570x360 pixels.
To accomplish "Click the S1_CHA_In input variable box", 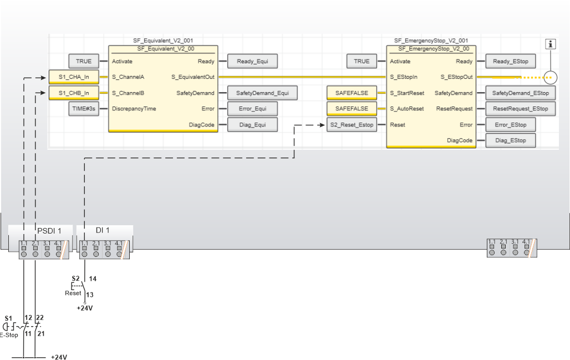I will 74,77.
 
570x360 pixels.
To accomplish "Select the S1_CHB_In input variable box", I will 74,93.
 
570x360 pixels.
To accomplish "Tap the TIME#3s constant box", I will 84,109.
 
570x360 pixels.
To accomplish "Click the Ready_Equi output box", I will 252,62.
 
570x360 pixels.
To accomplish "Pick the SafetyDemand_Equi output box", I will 258,93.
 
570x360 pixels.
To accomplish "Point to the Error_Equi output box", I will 252,109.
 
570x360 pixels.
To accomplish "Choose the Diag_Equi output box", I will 252,125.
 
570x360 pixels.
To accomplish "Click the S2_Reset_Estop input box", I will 352,125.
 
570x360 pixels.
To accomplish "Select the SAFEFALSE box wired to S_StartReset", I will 352,93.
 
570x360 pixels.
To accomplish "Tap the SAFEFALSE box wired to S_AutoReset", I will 352,109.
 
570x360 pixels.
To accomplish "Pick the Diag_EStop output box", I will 511,140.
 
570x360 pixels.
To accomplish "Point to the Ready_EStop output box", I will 511,62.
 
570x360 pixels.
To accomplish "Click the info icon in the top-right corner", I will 551,44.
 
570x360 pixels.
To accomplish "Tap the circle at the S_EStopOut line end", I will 549,78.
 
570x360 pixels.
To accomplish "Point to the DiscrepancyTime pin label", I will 134,109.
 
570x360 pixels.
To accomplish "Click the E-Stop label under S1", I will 9,334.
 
